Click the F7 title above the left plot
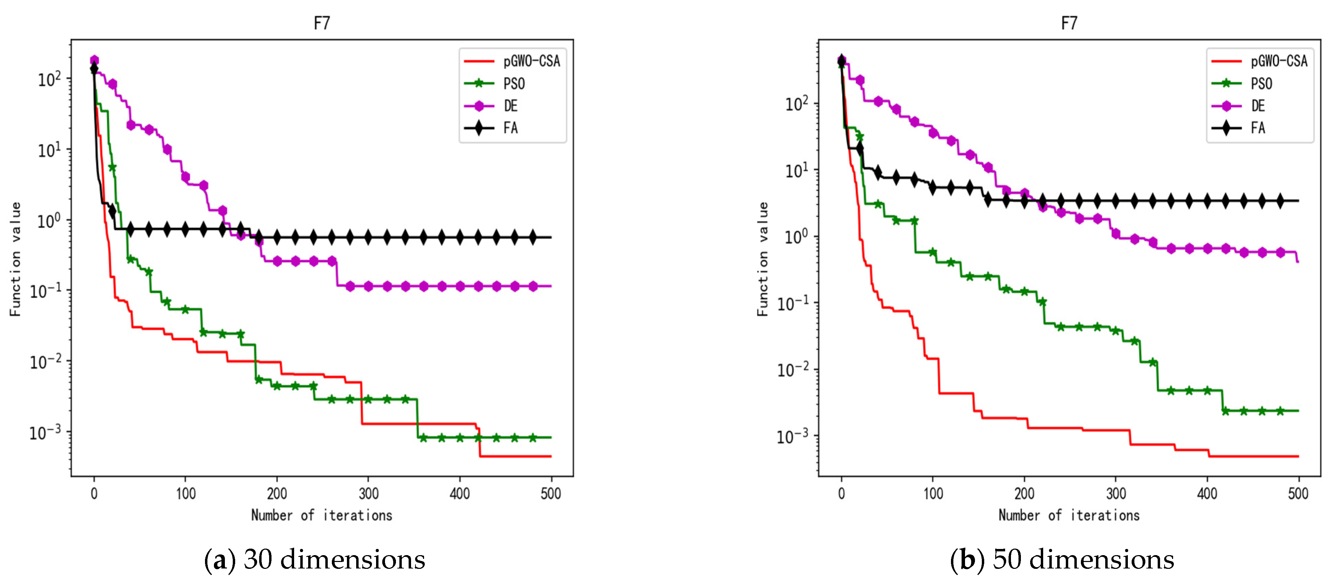pyautogui.click(x=322, y=23)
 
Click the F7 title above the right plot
pyautogui.click(x=1069, y=23)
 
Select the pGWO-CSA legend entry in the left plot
pyautogui.click(x=531, y=61)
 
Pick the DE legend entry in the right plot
pyautogui.click(x=1257, y=106)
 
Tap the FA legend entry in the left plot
pyautogui.click(x=510, y=128)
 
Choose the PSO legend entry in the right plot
pyautogui.click(x=1261, y=84)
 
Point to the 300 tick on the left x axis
pyautogui.click(x=368, y=493)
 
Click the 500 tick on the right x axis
pyautogui.click(x=1298, y=493)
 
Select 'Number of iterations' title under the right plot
pyautogui.click(x=1069, y=515)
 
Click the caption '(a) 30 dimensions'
pyautogui.click(x=315, y=560)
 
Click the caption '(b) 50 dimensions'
pyautogui.click(x=1062, y=560)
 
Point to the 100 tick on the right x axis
pyautogui.click(x=933, y=493)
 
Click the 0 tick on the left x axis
pyautogui.click(x=94, y=493)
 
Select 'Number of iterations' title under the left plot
pyautogui.click(x=322, y=515)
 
